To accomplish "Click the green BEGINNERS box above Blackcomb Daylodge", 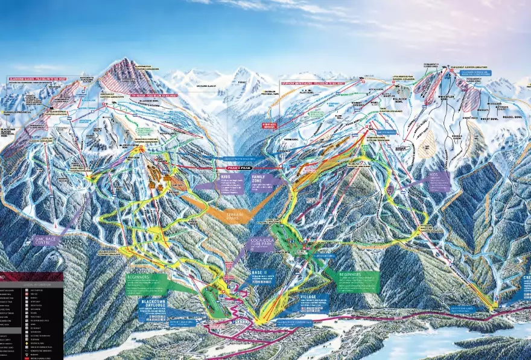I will coord(146,285).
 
